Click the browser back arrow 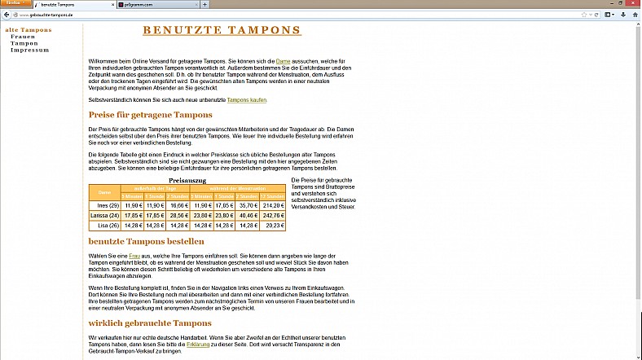click(x=6, y=15)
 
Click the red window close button click(x=631, y=3)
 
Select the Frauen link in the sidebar click(x=23, y=37)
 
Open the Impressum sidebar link click(x=29, y=50)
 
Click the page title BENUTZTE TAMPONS click(x=222, y=31)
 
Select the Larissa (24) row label click(x=104, y=216)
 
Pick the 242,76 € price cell click(x=275, y=216)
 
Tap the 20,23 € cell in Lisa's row click(x=275, y=226)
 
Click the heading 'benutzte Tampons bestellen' click(x=147, y=242)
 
